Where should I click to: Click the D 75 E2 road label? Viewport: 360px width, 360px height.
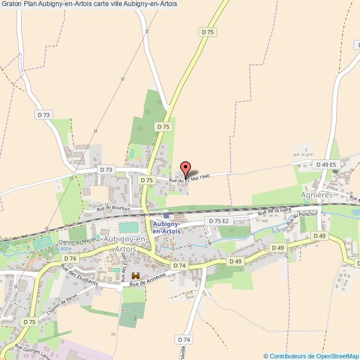point(217,220)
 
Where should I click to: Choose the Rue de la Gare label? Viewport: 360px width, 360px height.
point(275,211)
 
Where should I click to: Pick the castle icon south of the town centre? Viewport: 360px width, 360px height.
point(136,276)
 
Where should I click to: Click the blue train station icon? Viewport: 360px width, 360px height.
point(166,215)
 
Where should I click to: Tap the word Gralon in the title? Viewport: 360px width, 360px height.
point(11,4)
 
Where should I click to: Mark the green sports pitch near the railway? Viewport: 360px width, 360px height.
point(128,227)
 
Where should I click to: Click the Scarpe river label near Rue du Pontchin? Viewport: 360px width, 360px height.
point(279,229)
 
